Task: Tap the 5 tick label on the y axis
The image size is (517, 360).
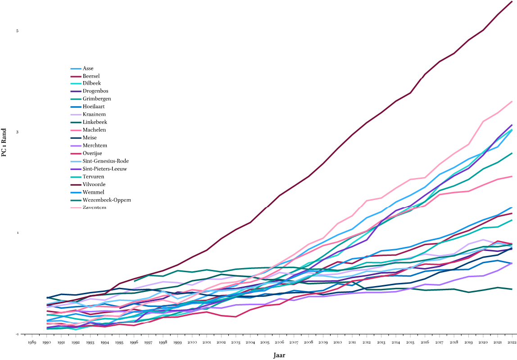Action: (x=17, y=31)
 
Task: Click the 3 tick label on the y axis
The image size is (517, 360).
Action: (x=17, y=132)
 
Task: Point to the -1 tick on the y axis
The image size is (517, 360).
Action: (x=17, y=334)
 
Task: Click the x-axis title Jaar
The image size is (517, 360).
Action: (x=279, y=355)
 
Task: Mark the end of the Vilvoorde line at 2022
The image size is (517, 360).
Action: (x=512, y=1)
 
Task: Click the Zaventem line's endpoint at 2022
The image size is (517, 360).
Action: (x=512, y=101)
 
